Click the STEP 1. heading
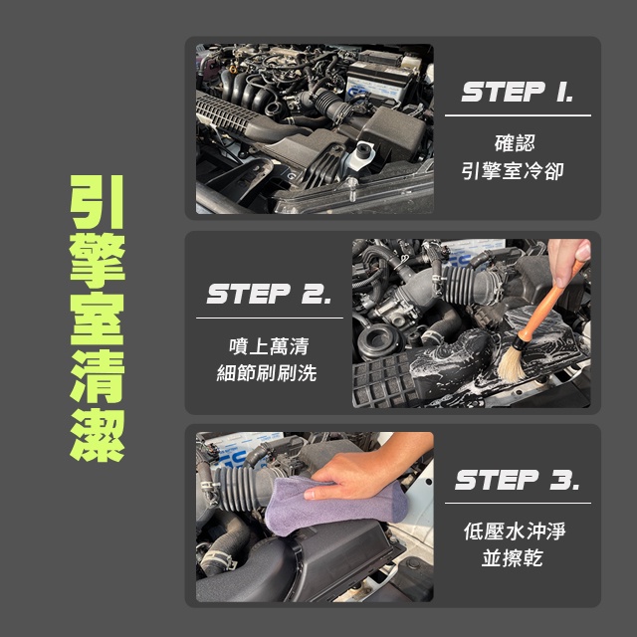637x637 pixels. point(518,92)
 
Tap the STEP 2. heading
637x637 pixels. point(269,294)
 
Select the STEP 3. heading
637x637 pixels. point(518,480)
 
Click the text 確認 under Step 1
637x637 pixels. point(515,143)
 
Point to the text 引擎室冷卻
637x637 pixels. point(513,170)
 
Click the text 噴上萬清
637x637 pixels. point(269,346)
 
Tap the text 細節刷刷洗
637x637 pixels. point(267,373)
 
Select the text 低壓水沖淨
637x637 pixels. point(515,531)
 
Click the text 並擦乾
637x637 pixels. point(513,557)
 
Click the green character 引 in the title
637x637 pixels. point(98,202)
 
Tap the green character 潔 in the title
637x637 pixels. point(98,435)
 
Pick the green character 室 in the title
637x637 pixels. point(98,318)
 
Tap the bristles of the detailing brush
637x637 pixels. point(511,363)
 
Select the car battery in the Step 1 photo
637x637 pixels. point(382,82)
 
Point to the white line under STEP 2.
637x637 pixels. point(270,318)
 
